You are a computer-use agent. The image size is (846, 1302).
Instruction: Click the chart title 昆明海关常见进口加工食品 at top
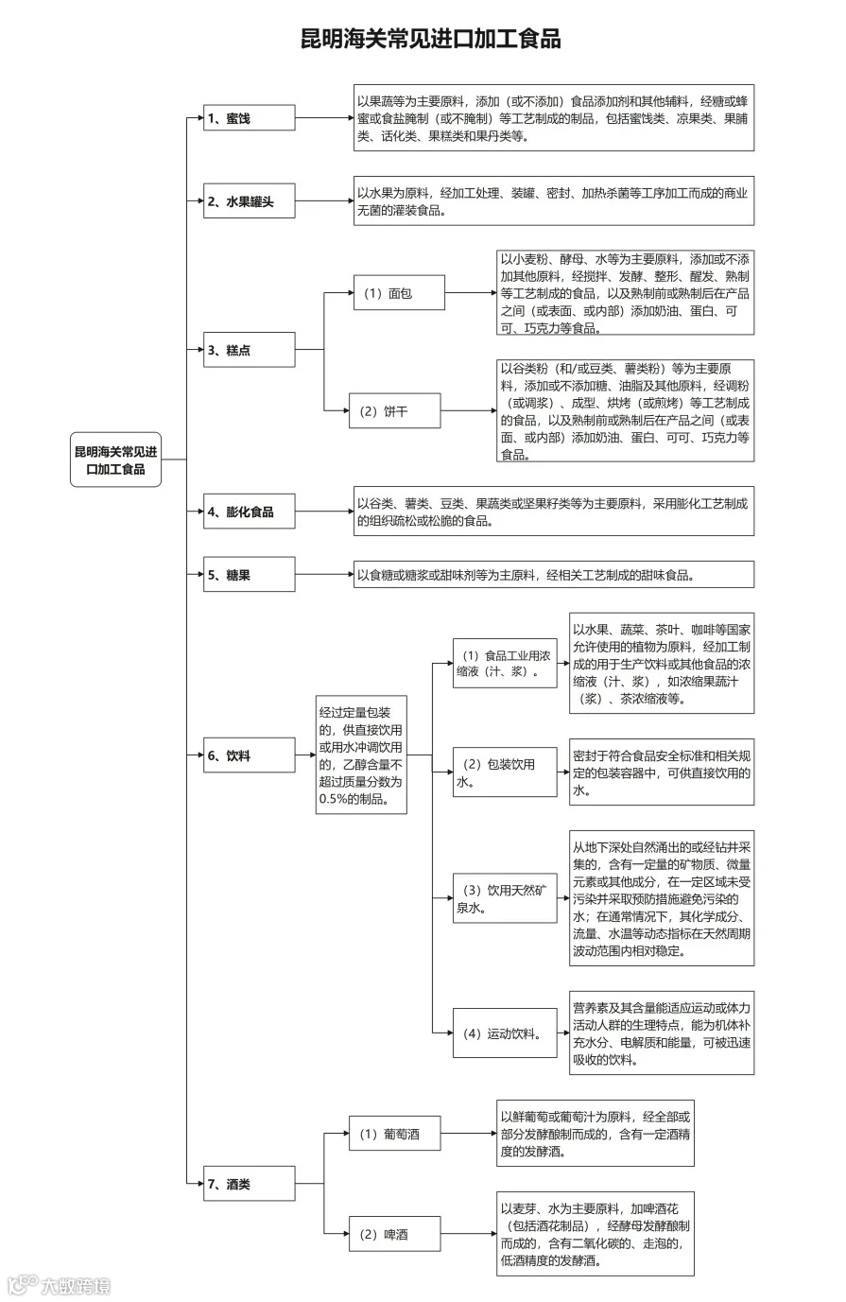(x=430, y=39)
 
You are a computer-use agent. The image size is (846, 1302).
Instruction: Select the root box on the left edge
(x=115, y=460)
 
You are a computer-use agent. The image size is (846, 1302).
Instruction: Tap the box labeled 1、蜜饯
(x=250, y=118)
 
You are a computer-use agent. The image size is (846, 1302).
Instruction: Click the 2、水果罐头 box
(x=250, y=201)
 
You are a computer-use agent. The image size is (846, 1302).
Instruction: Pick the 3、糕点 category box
(x=250, y=350)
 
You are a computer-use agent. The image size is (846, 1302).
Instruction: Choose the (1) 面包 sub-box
(x=397, y=293)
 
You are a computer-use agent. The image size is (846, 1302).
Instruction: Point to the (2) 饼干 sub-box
(x=394, y=411)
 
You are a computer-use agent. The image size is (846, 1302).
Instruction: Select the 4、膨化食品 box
(x=250, y=512)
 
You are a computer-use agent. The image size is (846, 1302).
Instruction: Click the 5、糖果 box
(x=250, y=575)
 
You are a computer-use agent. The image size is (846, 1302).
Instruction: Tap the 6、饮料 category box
(x=250, y=755)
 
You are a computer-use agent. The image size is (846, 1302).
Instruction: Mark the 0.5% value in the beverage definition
(x=337, y=799)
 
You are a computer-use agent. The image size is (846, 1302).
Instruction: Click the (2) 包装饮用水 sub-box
(x=504, y=773)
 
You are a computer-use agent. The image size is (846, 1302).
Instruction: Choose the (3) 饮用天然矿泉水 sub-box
(x=504, y=898)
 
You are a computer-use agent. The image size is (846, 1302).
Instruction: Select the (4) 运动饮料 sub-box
(x=504, y=1033)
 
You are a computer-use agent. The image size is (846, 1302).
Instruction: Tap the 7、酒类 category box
(x=250, y=1184)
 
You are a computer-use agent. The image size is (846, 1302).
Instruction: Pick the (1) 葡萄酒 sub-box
(x=394, y=1134)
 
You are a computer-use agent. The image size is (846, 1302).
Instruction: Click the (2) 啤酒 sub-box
(x=394, y=1234)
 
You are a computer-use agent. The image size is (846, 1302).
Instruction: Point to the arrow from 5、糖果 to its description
(x=323, y=575)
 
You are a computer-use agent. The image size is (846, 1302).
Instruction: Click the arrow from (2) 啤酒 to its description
(x=468, y=1234)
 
